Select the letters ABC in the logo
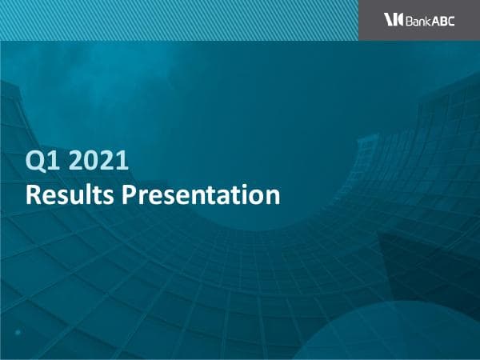[x=443, y=21]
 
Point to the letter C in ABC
[x=450, y=21]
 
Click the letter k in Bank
[x=427, y=21]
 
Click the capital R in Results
[x=33, y=194]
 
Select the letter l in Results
[x=86, y=194]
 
